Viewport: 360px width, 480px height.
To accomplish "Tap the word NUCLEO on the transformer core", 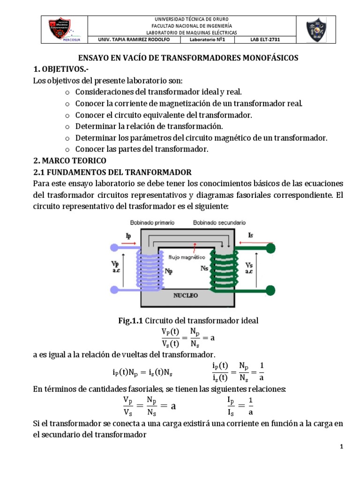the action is (x=186, y=296).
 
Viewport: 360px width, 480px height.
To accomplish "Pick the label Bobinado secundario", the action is (x=219, y=223).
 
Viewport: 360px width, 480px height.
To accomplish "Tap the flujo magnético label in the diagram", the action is (x=187, y=257).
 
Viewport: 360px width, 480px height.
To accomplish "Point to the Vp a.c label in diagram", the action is (x=115, y=268).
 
